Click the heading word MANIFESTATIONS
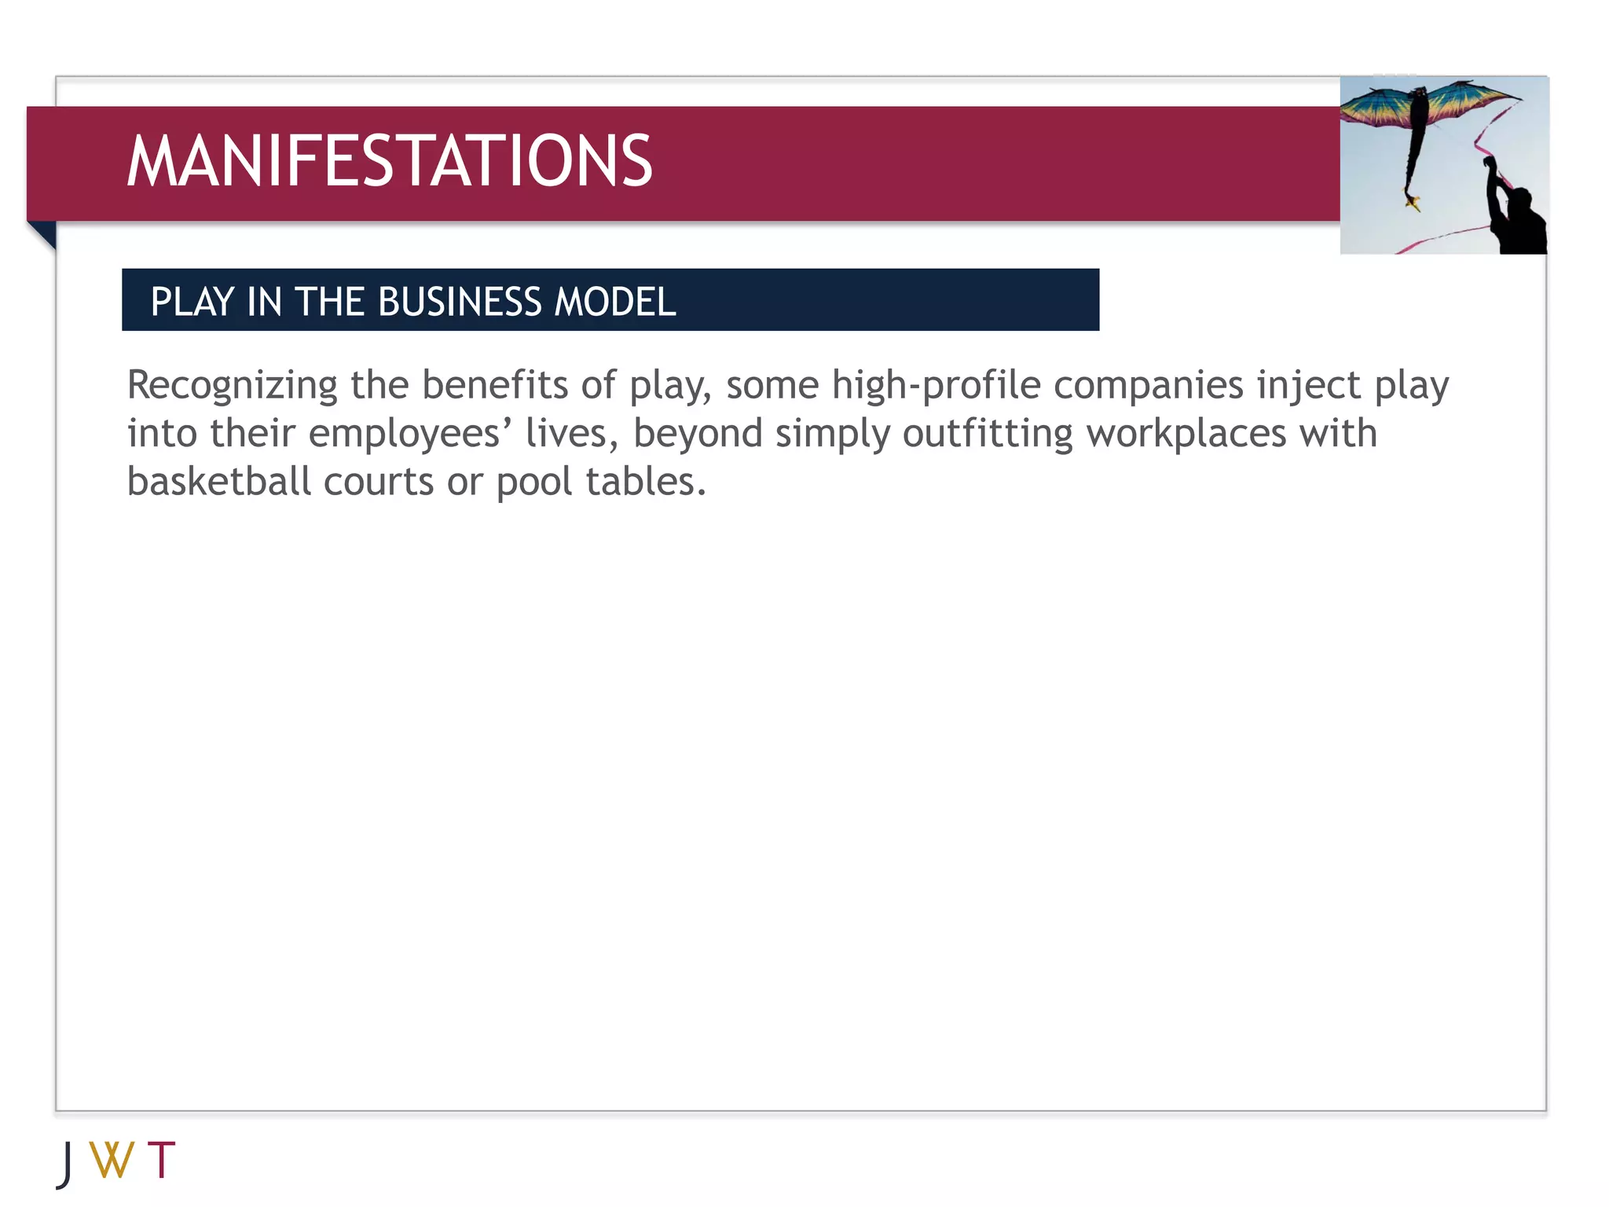pyautogui.click(x=389, y=162)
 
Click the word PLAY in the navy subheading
pyautogui.click(x=192, y=303)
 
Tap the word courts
pyautogui.click(x=378, y=482)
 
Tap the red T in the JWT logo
pyautogui.click(x=161, y=1160)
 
